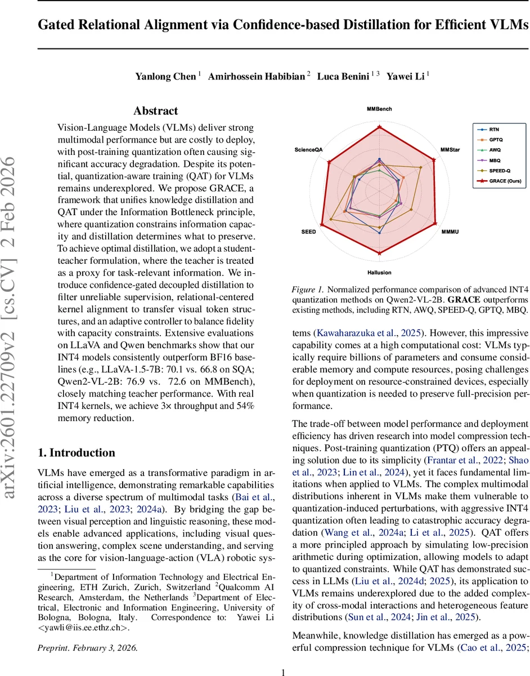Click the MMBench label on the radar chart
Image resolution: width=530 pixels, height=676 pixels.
(379, 109)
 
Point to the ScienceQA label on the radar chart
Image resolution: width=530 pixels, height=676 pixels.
(308, 150)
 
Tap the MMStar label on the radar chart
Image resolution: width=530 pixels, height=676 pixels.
(449, 150)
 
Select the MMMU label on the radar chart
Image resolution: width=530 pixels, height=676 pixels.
(450, 232)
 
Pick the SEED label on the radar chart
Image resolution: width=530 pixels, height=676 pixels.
(309, 232)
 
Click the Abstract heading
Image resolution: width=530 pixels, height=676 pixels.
(155, 111)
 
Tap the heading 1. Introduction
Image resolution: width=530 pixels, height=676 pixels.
(76, 452)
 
